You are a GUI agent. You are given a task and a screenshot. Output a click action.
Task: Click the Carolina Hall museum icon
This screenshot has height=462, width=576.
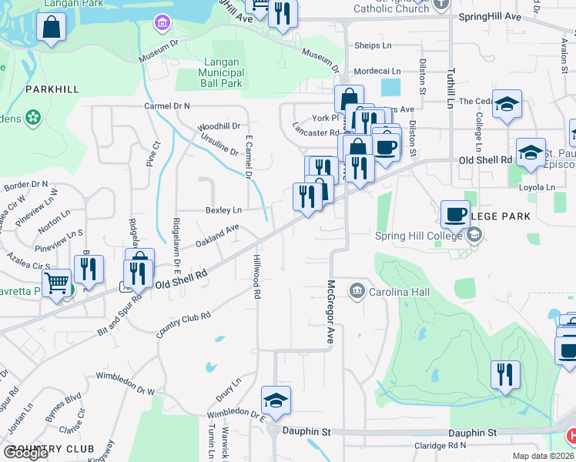(357, 290)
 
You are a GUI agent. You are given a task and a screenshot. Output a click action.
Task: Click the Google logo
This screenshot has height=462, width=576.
(25, 453)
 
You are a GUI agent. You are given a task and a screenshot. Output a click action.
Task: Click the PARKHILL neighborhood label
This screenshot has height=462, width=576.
(52, 89)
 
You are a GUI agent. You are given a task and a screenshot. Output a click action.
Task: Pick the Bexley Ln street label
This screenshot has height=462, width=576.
(223, 209)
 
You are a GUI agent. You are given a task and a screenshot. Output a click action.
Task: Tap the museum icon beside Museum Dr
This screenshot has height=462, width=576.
(162, 22)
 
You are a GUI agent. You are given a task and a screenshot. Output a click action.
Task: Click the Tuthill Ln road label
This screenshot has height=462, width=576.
(451, 80)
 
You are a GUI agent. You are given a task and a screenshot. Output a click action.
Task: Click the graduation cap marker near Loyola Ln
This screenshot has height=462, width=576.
(531, 152)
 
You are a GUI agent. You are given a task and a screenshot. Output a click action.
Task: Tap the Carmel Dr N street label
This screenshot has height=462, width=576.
(166, 105)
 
